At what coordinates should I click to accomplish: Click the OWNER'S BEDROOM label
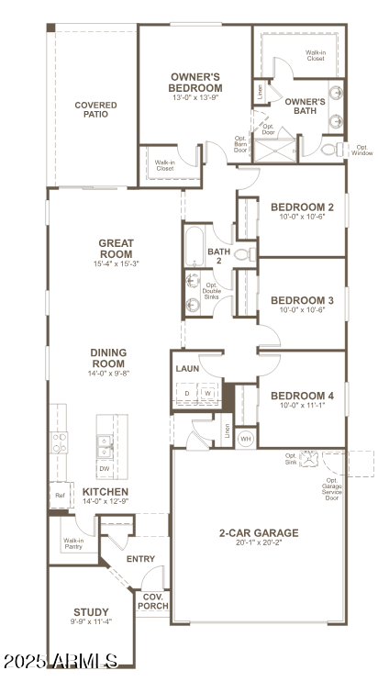(x=195, y=82)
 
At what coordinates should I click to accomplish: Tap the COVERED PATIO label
(x=95, y=111)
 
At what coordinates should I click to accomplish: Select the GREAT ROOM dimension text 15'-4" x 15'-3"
(x=117, y=263)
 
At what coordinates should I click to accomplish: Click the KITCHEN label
(x=106, y=492)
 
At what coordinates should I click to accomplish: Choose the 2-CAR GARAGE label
(x=258, y=532)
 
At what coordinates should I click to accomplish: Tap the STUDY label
(x=91, y=612)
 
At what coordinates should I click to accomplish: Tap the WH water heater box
(x=245, y=438)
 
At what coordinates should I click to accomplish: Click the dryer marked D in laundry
(x=188, y=394)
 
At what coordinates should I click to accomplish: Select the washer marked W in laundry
(x=208, y=394)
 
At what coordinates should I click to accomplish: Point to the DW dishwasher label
(x=104, y=468)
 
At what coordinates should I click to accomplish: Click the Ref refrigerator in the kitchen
(x=61, y=495)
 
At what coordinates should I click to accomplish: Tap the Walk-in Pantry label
(x=73, y=544)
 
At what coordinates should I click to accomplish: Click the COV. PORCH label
(x=151, y=600)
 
